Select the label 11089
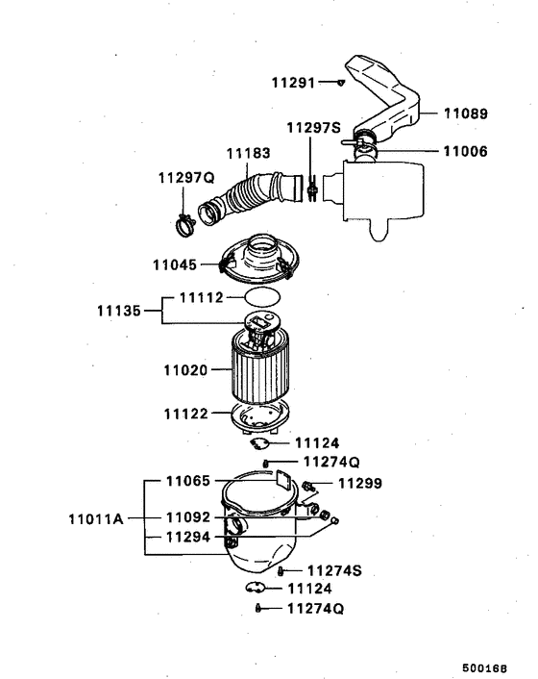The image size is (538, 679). point(465,113)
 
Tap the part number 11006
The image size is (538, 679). point(465,151)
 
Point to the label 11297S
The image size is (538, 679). point(313,128)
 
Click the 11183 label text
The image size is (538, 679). point(248,153)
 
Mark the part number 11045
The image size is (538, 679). point(175,264)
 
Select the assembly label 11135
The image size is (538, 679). point(119,311)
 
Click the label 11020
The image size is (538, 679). point(185,368)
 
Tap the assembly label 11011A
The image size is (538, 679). point(96,518)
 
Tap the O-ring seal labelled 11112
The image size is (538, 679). point(260,297)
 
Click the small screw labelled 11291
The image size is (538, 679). point(340,84)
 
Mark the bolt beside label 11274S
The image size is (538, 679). point(280,571)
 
